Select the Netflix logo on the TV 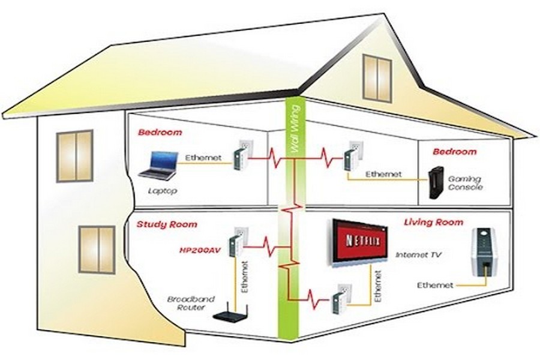pyautogui.click(x=362, y=241)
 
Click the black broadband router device pyautogui.click(x=230, y=313)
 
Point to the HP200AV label pyautogui.click(x=200, y=250)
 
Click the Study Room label pyautogui.click(x=167, y=224)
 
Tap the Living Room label pyautogui.click(x=434, y=222)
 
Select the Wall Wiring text pyautogui.click(x=294, y=129)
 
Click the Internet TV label pyautogui.click(x=418, y=255)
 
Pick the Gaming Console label pyautogui.click(x=465, y=183)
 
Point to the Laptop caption pyautogui.click(x=163, y=191)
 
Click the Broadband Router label pyautogui.click(x=191, y=303)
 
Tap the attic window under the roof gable pyautogui.click(x=377, y=79)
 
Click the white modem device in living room pyautogui.click(x=484, y=253)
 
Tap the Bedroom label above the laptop pyautogui.click(x=160, y=132)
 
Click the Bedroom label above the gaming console pyautogui.click(x=455, y=152)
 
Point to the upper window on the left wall pyautogui.click(x=75, y=156)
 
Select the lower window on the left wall pyautogui.click(x=97, y=250)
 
